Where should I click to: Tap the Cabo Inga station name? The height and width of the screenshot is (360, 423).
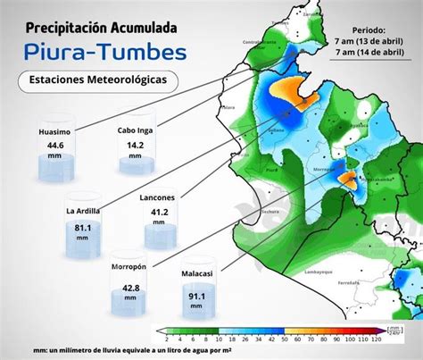(x=136, y=130)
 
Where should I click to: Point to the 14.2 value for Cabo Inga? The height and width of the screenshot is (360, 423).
(x=136, y=144)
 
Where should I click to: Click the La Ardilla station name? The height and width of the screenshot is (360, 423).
(x=83, y=211)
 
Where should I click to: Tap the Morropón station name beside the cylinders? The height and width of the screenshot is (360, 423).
(x=129, y=265)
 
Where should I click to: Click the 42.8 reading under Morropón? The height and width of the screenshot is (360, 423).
(x=130, y=288)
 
